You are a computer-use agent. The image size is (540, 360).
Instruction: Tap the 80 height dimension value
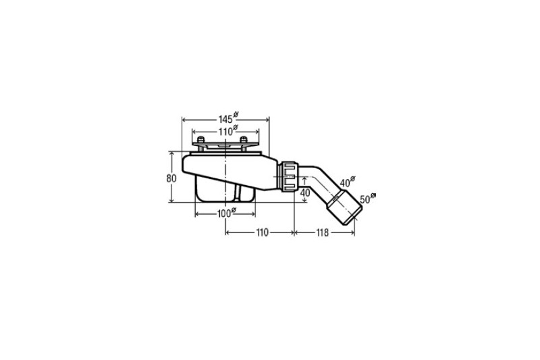(171, 178)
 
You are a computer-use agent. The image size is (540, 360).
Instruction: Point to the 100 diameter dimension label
(227, 213)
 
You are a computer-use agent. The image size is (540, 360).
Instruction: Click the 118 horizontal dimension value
(323, 233)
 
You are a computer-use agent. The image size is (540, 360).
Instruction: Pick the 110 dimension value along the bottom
(262, 233)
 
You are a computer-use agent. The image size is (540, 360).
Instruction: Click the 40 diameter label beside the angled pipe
(348, 182)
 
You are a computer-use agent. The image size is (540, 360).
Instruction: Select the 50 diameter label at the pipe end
(368, 198)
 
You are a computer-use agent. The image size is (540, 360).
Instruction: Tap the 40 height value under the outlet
(305, 193)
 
